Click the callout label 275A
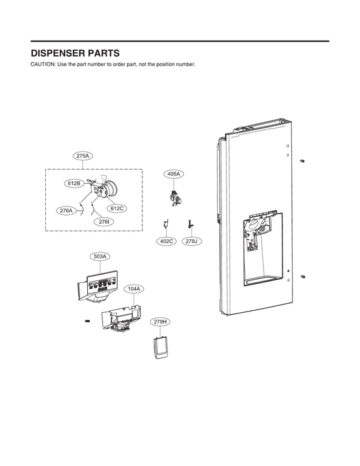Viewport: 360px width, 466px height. tap(83, 156)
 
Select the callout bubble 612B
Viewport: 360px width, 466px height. tap(74, 183)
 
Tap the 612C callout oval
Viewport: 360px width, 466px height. tap(117, 209)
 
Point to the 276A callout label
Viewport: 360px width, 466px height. tap(66, 210)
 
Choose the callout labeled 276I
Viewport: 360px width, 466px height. tap(104, 222)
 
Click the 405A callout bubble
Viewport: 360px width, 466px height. tap(174, 174)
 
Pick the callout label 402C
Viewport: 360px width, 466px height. tap(167, 242)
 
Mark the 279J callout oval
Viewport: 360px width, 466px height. tap(191, 242)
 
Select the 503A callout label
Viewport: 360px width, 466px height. tap(100, 256)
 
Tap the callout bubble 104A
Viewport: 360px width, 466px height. tap(134, 289)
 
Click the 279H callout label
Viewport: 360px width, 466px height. tap(160, 322)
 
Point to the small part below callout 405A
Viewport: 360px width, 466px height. tap(174, 198)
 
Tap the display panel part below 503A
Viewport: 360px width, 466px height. tap(97, 287)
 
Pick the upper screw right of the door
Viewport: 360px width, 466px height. tap(302, 161)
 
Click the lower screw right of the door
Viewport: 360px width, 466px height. tap(302, 277)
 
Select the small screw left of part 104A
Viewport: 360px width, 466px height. tap(87, 321)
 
